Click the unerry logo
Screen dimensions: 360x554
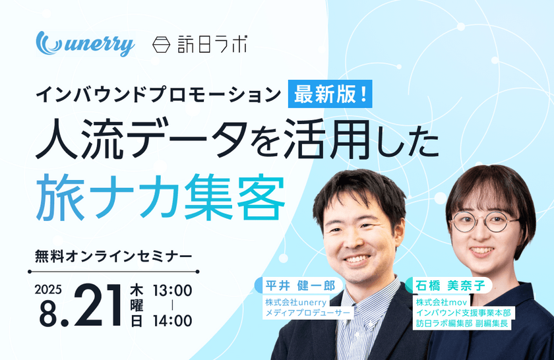coord(86,44)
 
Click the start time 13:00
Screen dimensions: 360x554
coord(173,290)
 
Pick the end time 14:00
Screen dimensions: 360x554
coord(173,321)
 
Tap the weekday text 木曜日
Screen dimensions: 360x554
coord(137,305)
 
